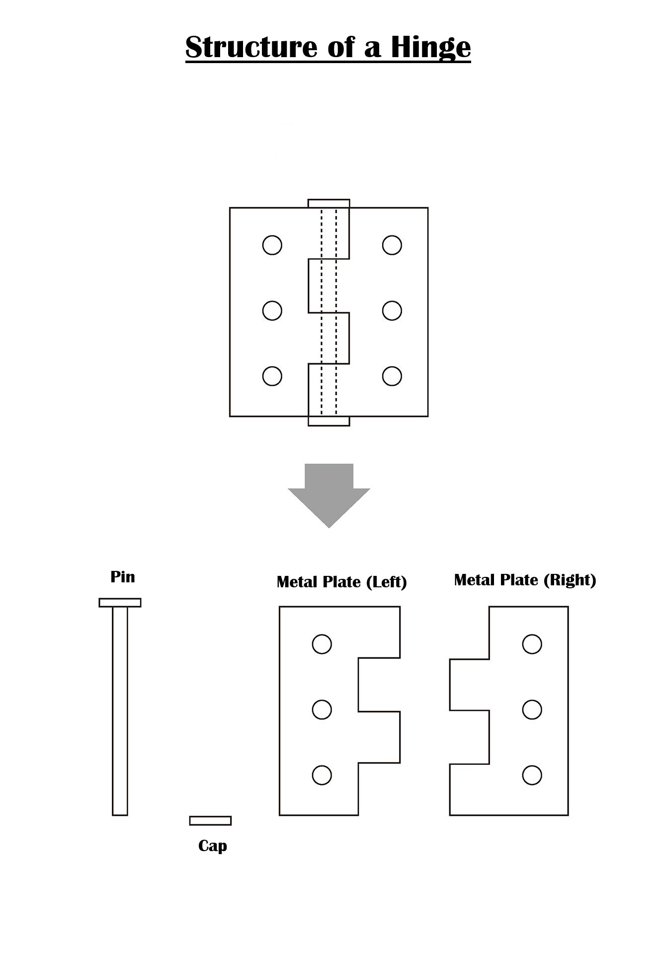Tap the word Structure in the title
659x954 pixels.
[x=251, y=47]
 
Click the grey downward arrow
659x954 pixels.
[x=329, y=495]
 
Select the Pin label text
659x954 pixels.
[x=123, y=577]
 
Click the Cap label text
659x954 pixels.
[x=213, y=846]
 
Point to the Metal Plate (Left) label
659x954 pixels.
[x=342, y=582]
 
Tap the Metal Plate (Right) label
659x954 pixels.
[x=525, y=580]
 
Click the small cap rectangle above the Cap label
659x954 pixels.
[x=210, y=821]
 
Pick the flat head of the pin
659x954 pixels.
[x=120, y=603]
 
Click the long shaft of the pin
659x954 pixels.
[x=120, y=711]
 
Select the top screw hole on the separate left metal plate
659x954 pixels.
[x=322, y=644]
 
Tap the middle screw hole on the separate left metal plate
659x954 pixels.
[x=322, y=710]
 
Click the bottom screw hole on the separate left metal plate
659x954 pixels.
[x=322, y=775]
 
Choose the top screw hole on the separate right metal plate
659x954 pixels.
[x=532, y=644]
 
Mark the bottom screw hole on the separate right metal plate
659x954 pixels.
[x=532, y=775]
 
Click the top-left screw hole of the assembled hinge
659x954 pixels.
[x=272, y=245]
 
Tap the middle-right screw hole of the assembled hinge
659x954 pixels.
[x=392, y=311]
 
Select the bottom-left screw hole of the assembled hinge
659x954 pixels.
[x=272, y=376]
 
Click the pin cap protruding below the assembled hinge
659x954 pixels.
[x=329, y=421]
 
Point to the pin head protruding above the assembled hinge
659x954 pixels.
[x=329, y=203]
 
